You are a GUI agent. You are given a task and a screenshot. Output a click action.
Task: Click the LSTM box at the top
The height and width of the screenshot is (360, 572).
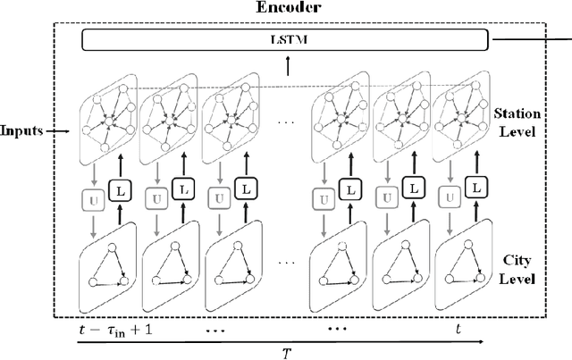tap(285, 40)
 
